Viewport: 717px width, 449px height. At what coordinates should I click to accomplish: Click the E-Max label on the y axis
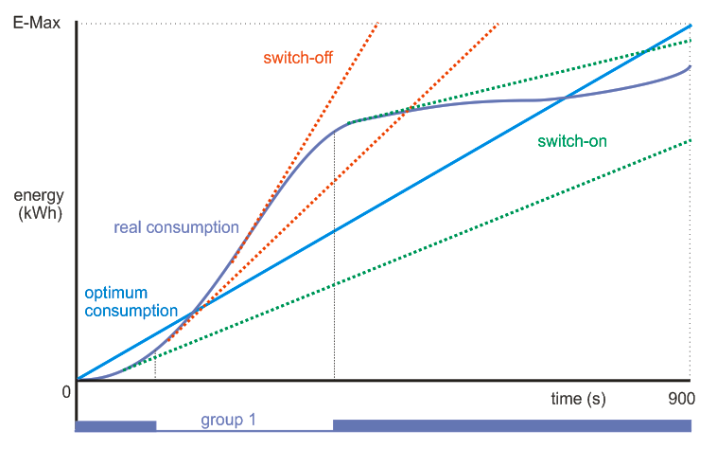click(x=36, y=22)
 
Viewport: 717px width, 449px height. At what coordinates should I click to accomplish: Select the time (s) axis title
click(x=578, y=399)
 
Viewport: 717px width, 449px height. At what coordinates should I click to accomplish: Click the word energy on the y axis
click(x=39, y=196)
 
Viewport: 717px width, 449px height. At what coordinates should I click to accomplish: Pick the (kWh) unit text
click(x=40, y=213)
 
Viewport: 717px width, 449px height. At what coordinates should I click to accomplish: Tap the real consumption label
click(x=176, y=227)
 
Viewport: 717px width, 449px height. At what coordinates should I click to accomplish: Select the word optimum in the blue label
click(x=116, y=292)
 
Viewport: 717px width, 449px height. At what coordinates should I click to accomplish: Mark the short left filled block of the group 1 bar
click(x=115, y=425)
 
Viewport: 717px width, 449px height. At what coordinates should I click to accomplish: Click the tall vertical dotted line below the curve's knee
click(x=335, y=284)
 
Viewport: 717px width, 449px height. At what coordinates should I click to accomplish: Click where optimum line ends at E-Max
click(x=691, y=25)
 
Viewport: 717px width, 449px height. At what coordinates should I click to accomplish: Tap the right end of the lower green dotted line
click(x=691, y=140)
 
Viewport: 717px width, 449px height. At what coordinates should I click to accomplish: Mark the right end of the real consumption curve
click(x=691, y=66)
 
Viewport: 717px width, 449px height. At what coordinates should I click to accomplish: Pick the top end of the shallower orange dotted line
click(x=498, y=24)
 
